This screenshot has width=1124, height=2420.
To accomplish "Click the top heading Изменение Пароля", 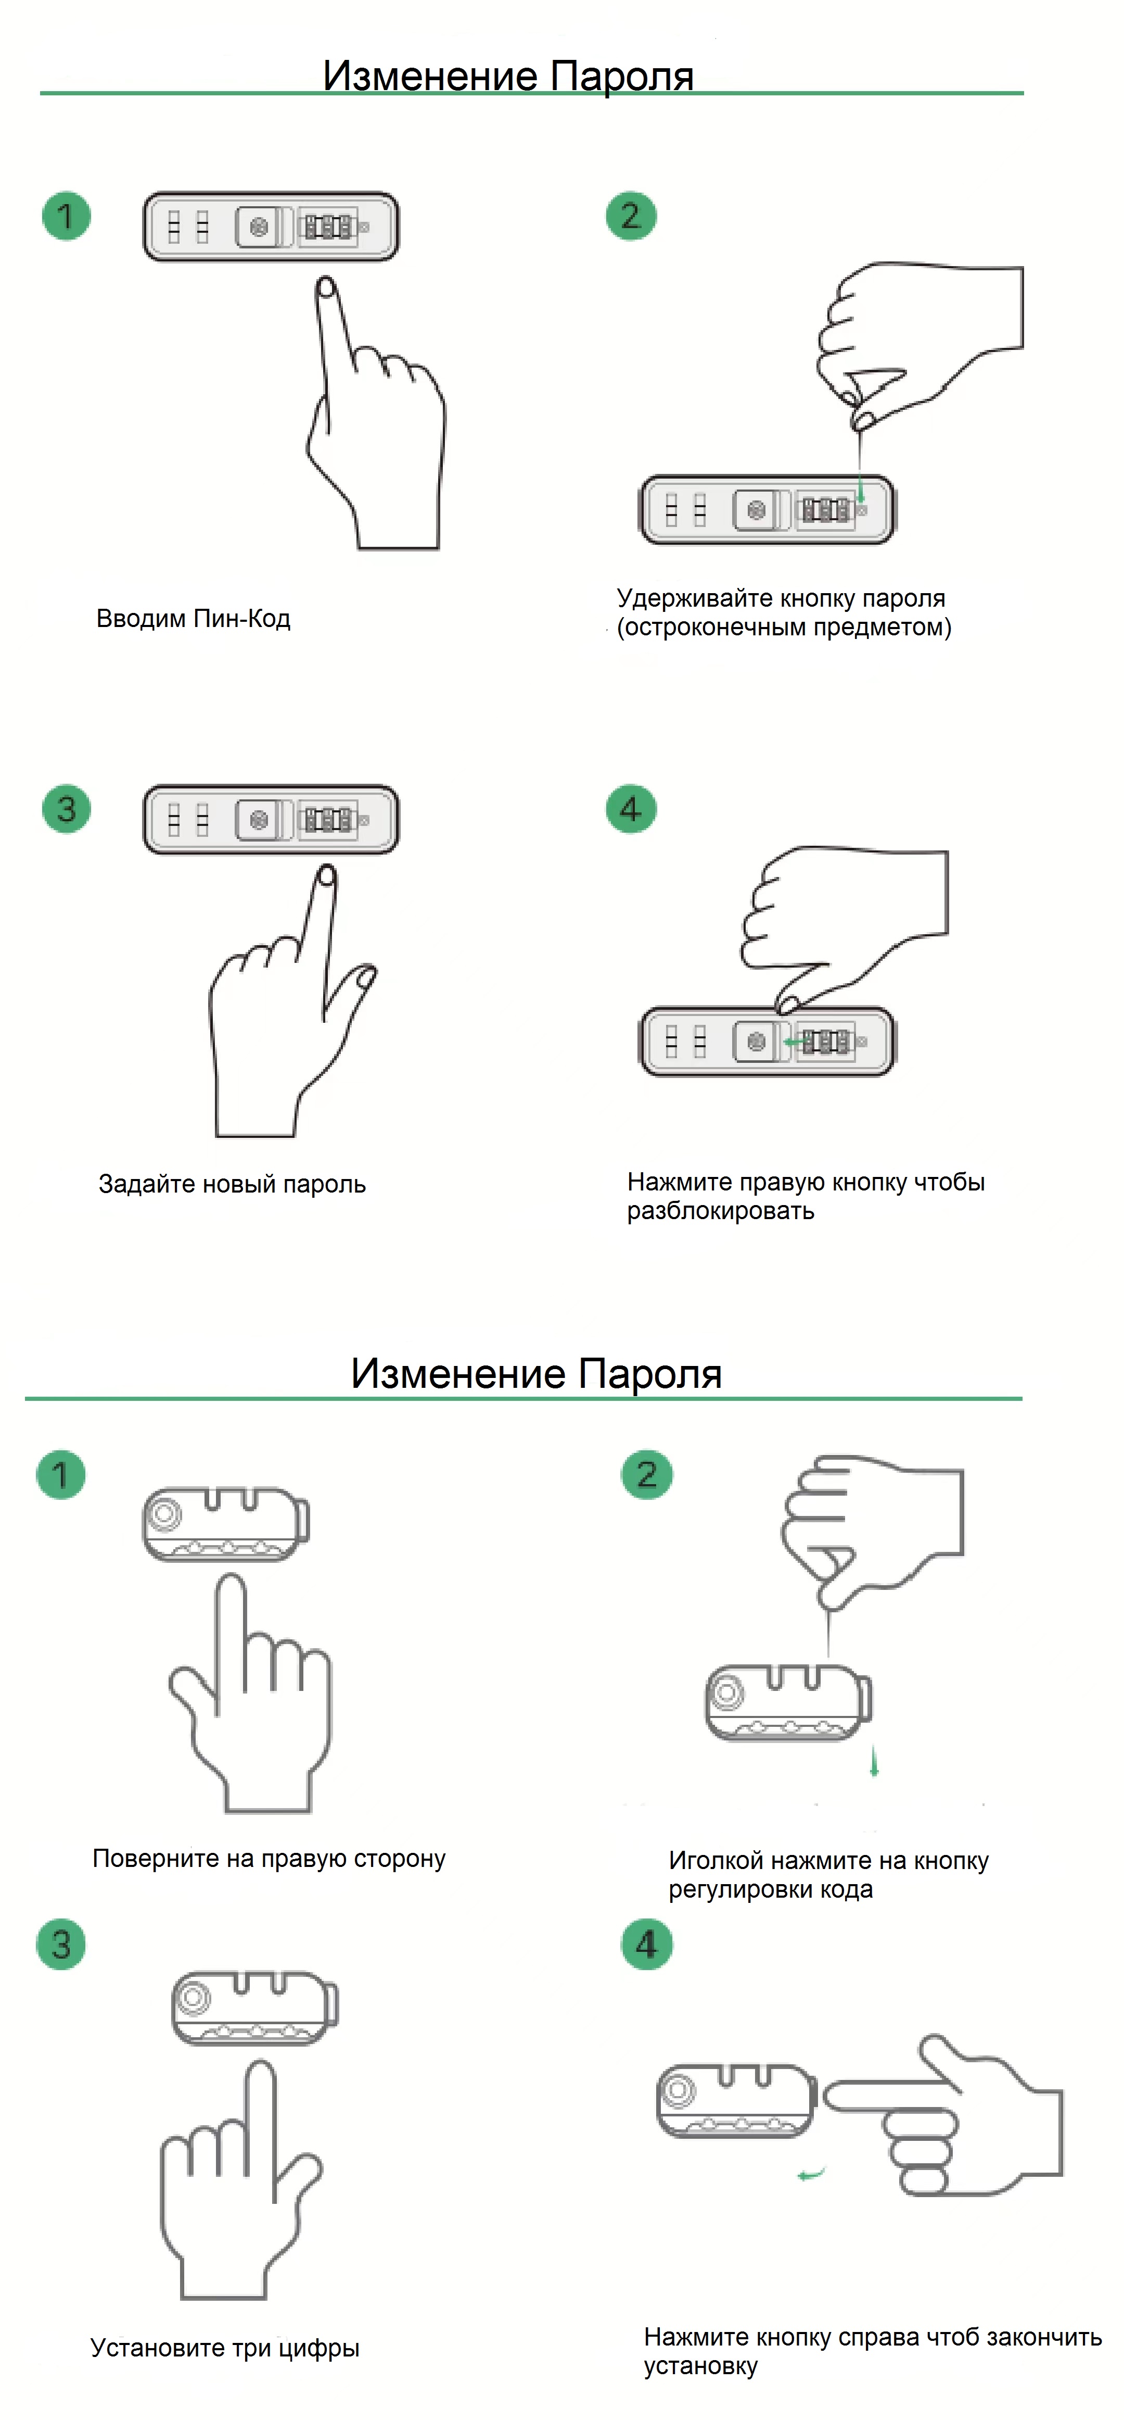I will coord(508,75).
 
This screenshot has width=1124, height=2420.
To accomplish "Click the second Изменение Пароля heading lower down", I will coord(536,1373).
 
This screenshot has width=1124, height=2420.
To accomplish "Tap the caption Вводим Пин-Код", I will coord(194,618).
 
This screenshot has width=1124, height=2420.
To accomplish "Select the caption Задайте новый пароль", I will coord(232,1184).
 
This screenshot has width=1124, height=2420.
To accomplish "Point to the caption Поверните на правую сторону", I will coord(269,1858).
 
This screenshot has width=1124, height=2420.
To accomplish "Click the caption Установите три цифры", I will coord(224,2348).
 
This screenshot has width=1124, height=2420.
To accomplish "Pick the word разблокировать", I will coord(720,1211).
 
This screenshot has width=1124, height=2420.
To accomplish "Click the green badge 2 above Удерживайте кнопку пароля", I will coord(631,216).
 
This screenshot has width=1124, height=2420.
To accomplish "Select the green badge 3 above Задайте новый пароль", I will coord(66,809).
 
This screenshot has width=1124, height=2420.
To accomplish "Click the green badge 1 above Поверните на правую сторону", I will coord(61,1475).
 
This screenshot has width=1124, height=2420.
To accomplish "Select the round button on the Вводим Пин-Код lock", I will coord(259,227).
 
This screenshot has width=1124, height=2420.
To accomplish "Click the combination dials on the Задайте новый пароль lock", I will coord(328,820).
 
